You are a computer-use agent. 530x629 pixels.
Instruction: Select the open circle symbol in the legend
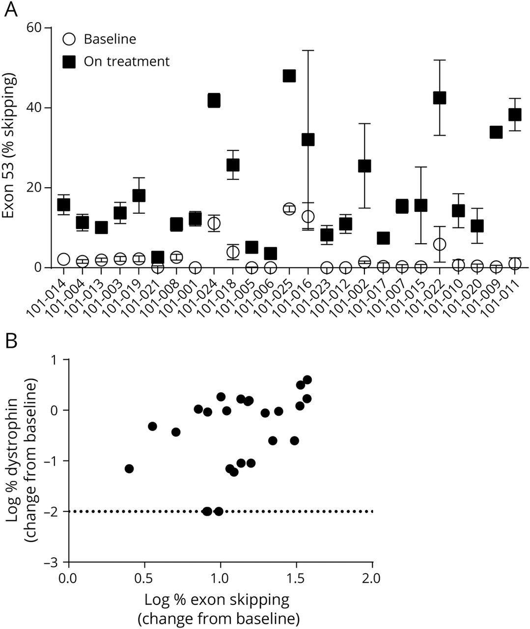[70, 39]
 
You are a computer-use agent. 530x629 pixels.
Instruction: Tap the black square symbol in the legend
[70, 61]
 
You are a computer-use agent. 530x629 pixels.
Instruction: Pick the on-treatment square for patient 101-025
[289, 76]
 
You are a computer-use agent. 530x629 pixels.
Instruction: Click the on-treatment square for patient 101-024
[214, 100]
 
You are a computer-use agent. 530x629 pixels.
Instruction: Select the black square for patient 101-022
[440, 97]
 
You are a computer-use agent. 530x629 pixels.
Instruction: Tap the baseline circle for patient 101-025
[289, 208]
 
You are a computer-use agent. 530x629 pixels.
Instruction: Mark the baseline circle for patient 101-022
[440, 244]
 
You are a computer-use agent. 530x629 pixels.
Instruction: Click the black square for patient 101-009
[496, 132]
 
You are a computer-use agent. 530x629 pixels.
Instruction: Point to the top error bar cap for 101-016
[308, 50]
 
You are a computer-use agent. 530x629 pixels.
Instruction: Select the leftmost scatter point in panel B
[129, 468]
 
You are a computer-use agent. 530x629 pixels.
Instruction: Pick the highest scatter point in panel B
[307, 379]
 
